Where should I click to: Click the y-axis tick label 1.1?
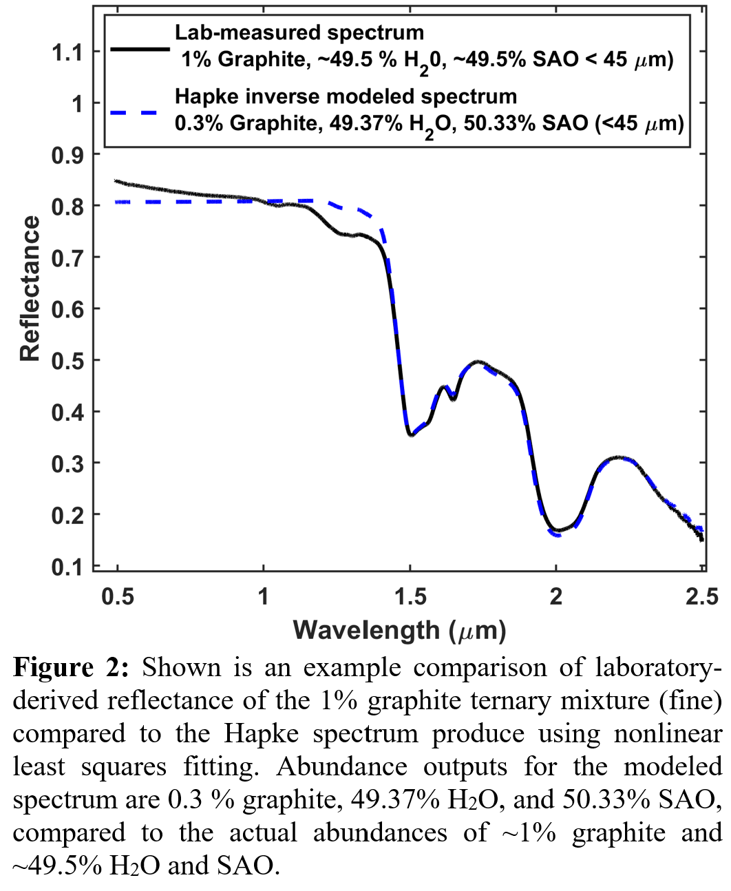pos(67,52)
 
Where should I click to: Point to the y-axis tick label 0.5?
pos(67,360)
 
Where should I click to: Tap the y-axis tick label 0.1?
pos(67,566)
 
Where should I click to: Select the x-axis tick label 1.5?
pos(410,596)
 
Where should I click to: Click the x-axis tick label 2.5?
pos(701,596)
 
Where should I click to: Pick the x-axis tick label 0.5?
pos(118,596)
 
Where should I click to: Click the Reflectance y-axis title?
pos(30,289)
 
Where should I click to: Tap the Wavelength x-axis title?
pos(399,630)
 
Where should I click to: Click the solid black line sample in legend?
pos(140,50)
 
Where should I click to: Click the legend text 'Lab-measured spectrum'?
pos(299,32)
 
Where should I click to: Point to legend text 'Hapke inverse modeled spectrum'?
pos(346,96)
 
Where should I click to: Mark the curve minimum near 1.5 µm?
pos(411,434)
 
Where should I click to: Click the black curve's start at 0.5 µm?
pos(116,182)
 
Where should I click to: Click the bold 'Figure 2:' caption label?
pos(70,667)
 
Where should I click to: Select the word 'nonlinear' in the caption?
pos(667,733)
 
